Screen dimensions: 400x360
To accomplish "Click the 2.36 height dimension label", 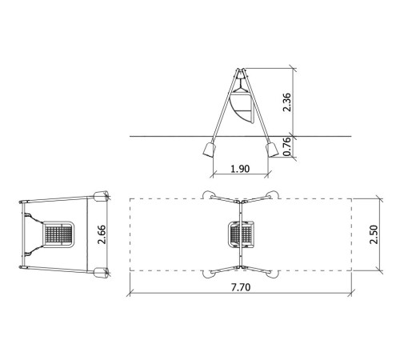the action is [287, 102].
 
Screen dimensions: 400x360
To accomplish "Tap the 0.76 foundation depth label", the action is [287, 146].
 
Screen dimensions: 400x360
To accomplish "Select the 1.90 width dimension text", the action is [240, 169].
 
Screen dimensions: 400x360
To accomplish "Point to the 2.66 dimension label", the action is [102, 234].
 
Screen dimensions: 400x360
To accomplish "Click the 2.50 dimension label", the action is [374, 234].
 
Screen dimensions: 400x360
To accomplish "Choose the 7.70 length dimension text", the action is [241, 287].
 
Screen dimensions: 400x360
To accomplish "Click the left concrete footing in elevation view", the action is [209, 150].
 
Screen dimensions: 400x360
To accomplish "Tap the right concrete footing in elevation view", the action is [272, 150].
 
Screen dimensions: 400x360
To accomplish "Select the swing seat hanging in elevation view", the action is [241, 106].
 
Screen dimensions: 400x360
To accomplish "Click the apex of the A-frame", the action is [241, 70].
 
